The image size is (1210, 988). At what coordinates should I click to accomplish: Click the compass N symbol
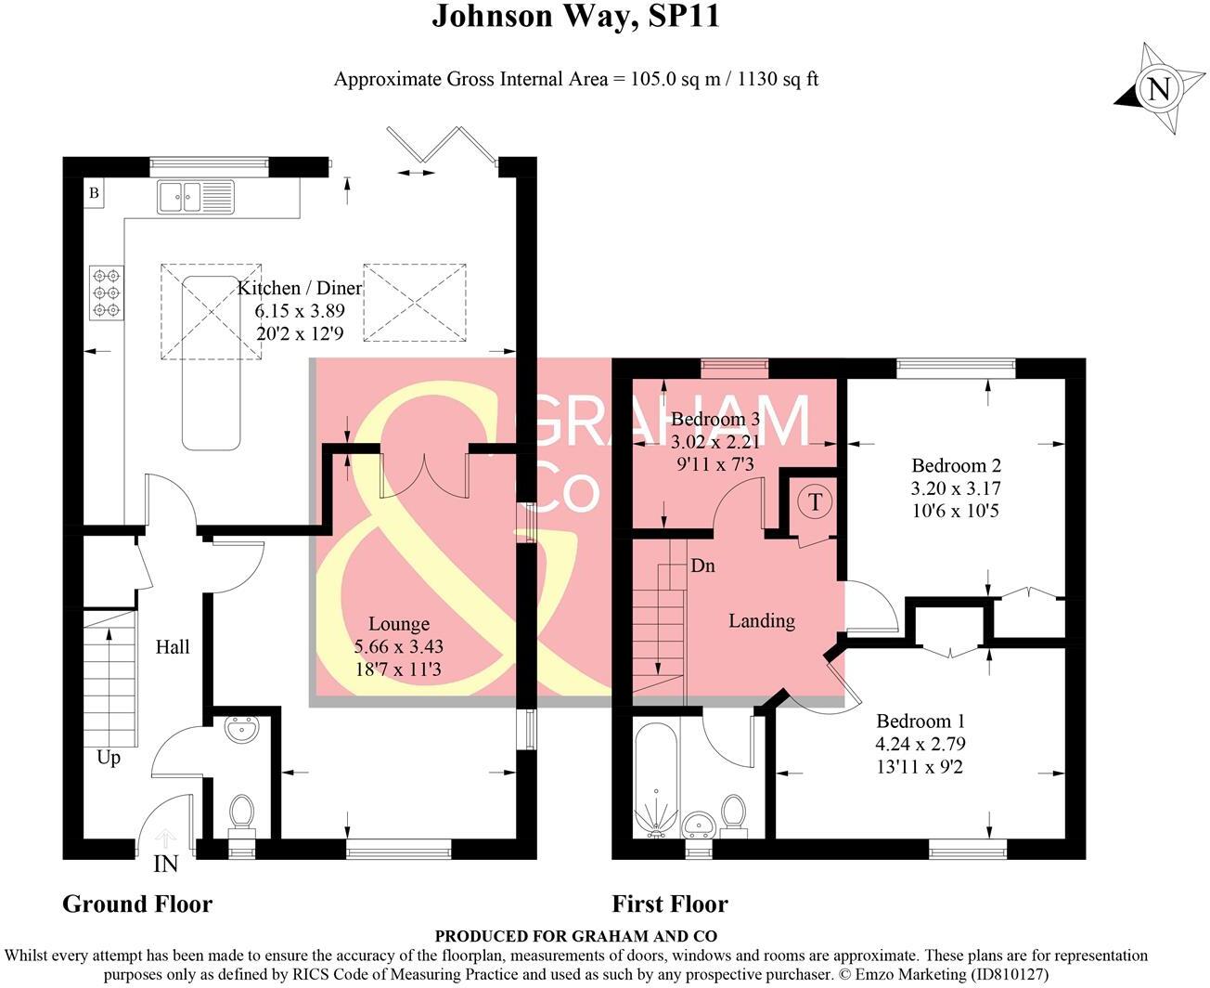pos(1157,90)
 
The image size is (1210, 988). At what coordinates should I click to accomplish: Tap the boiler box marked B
pos(94,194)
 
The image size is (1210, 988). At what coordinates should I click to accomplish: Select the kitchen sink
pos(196,197)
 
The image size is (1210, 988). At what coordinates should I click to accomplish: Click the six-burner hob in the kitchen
pos(107,292)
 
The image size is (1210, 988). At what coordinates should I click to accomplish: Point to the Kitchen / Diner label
pos(299,288)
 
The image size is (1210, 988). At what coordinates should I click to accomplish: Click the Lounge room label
pos(399,624)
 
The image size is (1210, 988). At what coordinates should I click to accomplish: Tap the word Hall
pos(173,646)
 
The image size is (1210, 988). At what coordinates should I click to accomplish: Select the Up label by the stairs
pos(109,758)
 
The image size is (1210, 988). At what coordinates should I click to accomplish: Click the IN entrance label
pos(165,864)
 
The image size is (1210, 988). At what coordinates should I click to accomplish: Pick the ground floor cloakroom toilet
pos(242,812)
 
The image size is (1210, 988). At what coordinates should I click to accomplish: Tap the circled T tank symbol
pos(815,502)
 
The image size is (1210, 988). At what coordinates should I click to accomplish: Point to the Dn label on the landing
pos(702,565)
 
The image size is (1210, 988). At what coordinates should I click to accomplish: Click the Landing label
pos(761,620)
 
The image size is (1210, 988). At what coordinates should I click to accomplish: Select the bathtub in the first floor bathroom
pos(658,778)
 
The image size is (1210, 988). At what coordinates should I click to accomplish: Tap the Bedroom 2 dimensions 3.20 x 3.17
pos(956,488)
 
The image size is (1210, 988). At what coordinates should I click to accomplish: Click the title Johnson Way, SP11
pos(575,17)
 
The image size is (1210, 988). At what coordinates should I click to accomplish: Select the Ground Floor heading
pos(137,903)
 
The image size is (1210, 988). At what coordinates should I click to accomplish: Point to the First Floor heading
pos(670,903)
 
